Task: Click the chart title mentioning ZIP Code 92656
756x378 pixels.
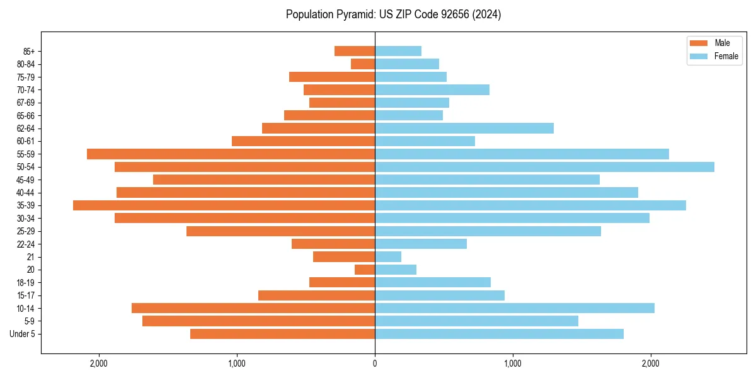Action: point(393,14)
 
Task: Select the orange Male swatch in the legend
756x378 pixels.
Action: point(699,43)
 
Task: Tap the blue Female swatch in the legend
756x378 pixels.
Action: point(699,56)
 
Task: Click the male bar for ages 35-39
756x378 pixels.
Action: point(224,205)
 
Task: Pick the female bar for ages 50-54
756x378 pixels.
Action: point(544,167)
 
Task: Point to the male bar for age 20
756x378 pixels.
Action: point(365,270)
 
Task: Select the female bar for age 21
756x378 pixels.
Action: point(388,257)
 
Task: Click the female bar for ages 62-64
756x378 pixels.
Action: point(464,129)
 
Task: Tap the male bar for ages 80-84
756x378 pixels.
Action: point(363,64)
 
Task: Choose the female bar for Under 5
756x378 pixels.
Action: point(499,334)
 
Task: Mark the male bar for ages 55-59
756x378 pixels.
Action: point(231,154)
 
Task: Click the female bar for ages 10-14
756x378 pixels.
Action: point(515,308)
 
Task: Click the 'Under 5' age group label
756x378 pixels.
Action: point(23,334)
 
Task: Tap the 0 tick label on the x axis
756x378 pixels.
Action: point(375,364)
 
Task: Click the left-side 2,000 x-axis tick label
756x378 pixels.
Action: point(99,364)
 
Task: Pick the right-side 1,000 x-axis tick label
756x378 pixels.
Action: point(513,364)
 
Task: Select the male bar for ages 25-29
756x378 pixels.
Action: point(280,231)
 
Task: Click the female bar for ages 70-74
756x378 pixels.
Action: point(432,89)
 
